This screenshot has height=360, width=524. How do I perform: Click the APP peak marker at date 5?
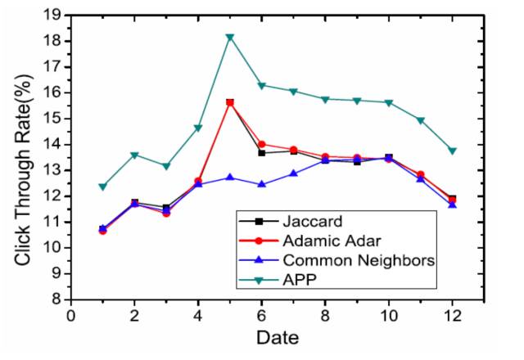pos(230,37)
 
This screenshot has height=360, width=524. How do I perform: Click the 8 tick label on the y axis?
pos(60,299)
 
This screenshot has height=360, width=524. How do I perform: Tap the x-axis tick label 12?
pos(451,316)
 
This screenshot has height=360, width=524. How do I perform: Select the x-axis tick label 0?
pos(70,316)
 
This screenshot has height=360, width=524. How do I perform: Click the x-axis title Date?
pos(276,338)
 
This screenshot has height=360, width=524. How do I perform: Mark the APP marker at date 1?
pos(102,187)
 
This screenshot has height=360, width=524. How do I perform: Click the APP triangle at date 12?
pos(452,151)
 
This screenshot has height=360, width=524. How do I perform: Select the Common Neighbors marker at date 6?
pos(262,184)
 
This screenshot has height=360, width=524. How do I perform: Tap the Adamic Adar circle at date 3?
pos(166,213)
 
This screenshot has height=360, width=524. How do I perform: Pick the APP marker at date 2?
pos(134,155)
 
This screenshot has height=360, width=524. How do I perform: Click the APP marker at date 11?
pos(420,120)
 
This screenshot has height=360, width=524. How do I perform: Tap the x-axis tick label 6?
pos(262,316)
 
